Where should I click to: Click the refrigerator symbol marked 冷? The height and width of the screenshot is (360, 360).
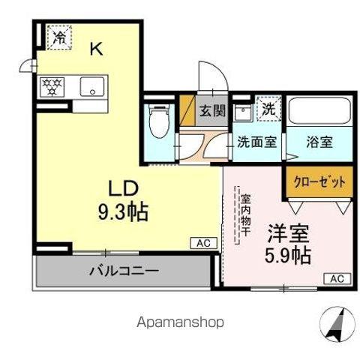tap(58, 36)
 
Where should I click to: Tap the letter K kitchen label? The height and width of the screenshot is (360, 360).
tap(97, 49)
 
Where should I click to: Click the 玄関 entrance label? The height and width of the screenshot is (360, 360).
tap(212, 111)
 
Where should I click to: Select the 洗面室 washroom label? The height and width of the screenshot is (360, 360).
tap(256, 141)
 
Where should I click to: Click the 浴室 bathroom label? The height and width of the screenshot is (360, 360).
tap(319, 141)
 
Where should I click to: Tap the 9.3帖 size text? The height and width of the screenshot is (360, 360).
tap(122, 211)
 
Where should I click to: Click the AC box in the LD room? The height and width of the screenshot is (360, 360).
tap(202, 243)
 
